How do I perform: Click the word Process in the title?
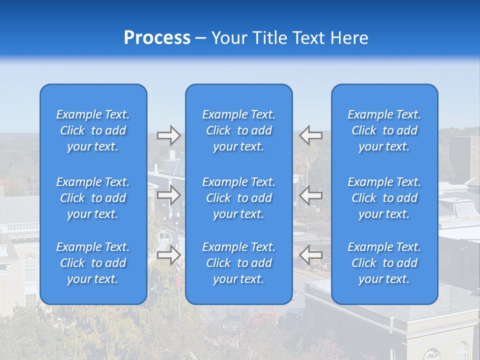[157, 38]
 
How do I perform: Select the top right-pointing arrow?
[168, 135]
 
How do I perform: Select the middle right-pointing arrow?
[168, 195]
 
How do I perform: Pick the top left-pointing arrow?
[310, 135]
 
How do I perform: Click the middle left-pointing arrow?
[310, 195]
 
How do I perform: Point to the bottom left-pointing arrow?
[310, 255]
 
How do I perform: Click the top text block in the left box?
[93, 130]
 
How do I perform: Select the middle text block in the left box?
[93, 198]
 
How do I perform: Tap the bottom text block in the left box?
[93, 263]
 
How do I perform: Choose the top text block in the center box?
[238, 130]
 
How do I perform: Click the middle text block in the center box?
[238, 198]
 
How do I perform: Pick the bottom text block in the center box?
[238, 263]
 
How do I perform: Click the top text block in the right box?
[384, 130]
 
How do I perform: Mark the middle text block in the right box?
[384, 198]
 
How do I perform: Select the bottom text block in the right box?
[384, 263]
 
